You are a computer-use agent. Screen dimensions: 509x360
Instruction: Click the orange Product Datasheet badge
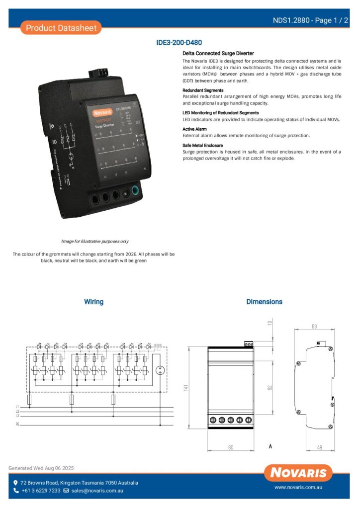(61, 28)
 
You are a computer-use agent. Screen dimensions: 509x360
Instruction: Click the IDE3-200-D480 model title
(179, 43)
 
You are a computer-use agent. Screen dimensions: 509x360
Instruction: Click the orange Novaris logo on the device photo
(103, 113)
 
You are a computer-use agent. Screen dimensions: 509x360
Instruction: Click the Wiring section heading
(93, 302)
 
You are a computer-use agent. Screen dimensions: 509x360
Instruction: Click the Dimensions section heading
(264, 302)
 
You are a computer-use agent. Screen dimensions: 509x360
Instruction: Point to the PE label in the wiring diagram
(17, 425)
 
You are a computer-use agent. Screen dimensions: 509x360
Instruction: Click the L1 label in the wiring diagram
(17, 407)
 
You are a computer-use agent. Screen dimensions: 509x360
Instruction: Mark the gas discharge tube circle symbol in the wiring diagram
(160, 370)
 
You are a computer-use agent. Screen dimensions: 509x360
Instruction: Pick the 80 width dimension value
(231, 447)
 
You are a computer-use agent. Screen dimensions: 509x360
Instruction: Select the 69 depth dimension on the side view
(314, 327)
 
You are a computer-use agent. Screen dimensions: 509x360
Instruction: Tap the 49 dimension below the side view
(319, 447)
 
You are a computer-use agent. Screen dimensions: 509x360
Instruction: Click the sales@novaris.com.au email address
(97, 491)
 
